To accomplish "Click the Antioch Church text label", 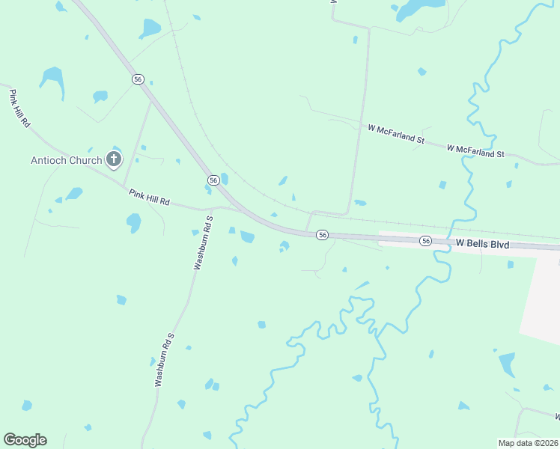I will pyautogui.click(x=66, y=160).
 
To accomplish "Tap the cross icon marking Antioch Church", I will pyautogui.click(x=114, y=159).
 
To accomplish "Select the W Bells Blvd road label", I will pyautogui.click(x=482, y=244).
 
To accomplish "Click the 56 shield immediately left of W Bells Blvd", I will pyautogui.click(x=426, y=240).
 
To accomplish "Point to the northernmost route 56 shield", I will pyautogui.click(x=137, y=79).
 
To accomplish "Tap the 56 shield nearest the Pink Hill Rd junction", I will pyautogui.click(x=213, y=180).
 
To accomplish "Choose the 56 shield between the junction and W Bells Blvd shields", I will pyautogui.click(x=322, y=235).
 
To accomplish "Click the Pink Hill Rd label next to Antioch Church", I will pyautogui.click(x=150, y=198).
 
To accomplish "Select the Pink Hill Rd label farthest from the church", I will pyautogui.click(x=19, y=109).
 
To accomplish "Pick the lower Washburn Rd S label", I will pyautogui.click(x=165, y=360).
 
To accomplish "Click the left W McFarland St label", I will pyautogui.click(x=396, y=133).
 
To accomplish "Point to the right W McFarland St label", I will pyautogui.click(x=475, y=151).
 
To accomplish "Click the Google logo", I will pyautogui.click(x=25, y=440).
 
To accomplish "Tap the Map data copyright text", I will pyautogui.click(x=529, y=442).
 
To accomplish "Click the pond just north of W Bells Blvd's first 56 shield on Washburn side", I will pyautogui.click(x=246, y=237).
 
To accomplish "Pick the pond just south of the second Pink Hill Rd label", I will pyautogui.click(x=134, y=222).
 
